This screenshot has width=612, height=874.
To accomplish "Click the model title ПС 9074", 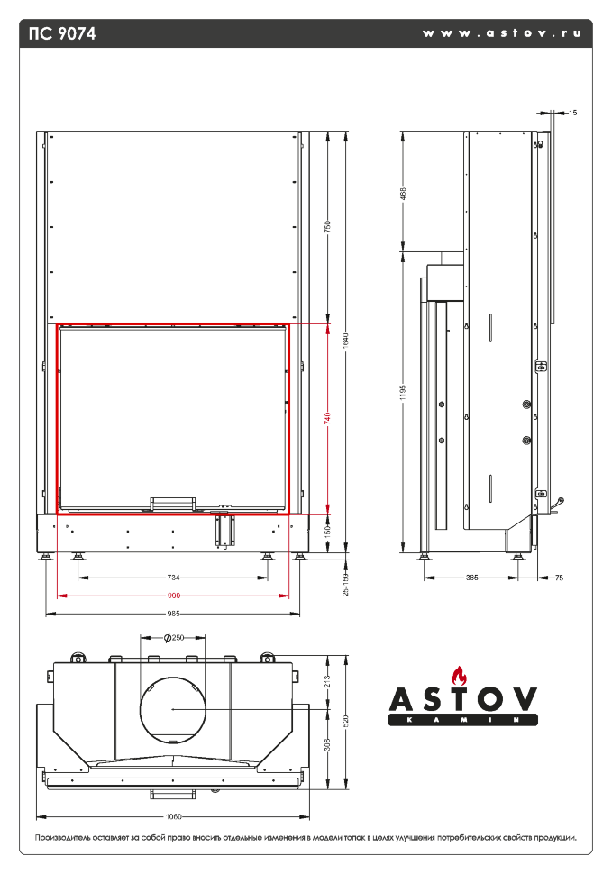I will click(62, 33).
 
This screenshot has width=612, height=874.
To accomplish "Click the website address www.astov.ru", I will click(501, 32).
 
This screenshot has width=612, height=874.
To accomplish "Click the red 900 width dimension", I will click(174, 596).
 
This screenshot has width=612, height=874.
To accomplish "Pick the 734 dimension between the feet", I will click(174, 578).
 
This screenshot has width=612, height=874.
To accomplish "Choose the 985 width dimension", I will click(174, 614).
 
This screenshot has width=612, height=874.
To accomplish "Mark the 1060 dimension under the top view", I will click(174, 817).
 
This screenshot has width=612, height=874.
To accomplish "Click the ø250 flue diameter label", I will click(173, 637).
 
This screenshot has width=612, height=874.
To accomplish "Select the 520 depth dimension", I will click(345, 720).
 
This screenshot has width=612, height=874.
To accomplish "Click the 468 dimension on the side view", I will click(403, 193).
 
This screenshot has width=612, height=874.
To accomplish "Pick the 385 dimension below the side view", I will click(472, 578).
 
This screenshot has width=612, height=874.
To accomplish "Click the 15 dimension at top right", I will click(573, 113).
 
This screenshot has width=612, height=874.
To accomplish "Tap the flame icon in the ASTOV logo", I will click(462, 675).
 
